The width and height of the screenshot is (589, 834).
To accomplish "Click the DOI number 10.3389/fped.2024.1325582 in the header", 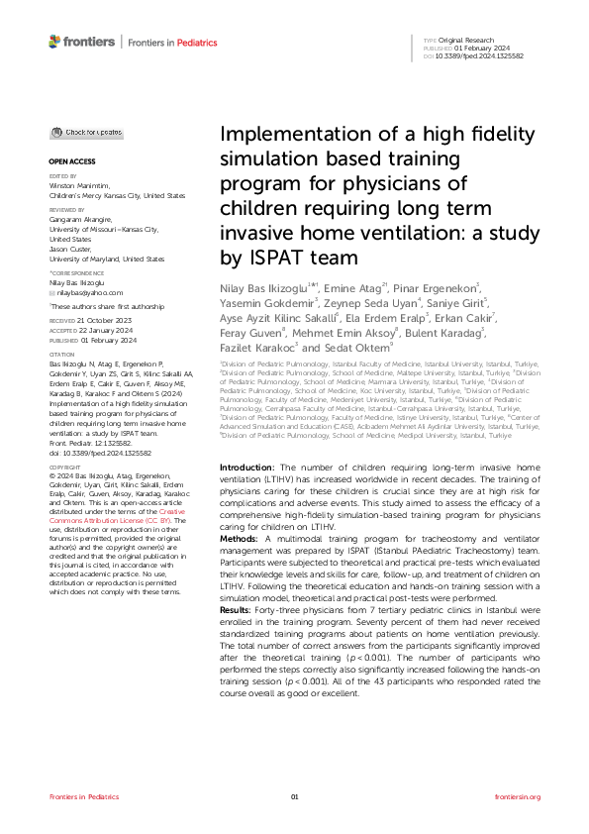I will click(486, 55).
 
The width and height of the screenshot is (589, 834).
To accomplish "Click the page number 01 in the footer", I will click(294, 797).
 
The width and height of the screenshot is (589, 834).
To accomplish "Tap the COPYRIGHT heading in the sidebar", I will click(66, 466).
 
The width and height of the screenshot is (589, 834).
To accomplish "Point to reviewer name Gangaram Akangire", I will click(83, 219).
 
